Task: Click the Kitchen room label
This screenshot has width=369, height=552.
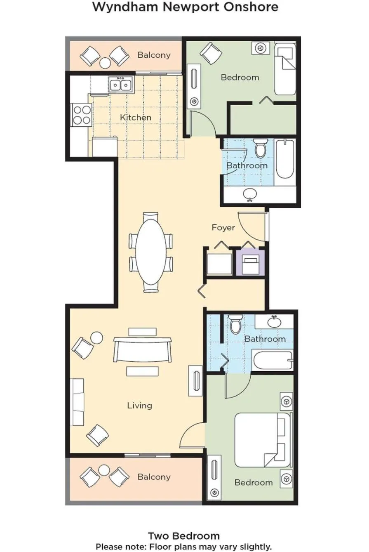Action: (135, 118)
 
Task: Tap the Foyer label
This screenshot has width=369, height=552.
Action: (223, 227)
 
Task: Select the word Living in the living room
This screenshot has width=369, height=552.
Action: (139, 406)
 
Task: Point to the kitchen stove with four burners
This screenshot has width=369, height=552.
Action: (81, 115)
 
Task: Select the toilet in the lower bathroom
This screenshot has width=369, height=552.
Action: (236, 324)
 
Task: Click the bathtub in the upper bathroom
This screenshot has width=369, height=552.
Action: (285, 159)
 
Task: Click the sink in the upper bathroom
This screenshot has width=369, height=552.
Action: (249, 194)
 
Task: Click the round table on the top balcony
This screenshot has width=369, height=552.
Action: (106, 63)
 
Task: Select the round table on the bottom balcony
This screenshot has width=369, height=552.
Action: (104, 470)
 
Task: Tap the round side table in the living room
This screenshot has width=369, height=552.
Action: (96, 338)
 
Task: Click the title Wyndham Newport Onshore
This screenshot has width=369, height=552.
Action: (185, 7)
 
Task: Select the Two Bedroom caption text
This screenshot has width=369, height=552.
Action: (184, 536)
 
